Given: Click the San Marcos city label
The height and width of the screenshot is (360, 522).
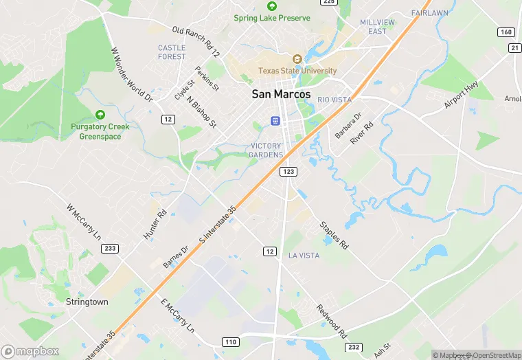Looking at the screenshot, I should pos(281,94).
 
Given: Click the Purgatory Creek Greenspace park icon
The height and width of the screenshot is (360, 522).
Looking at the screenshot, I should pos(100,114).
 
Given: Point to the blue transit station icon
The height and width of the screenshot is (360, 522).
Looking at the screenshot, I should pos(275,121).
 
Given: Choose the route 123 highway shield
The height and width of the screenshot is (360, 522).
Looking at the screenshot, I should pos(288,171).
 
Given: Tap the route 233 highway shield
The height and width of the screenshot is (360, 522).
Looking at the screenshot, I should pos(110,248).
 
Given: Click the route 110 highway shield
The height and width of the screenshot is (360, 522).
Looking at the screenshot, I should pos(230,341).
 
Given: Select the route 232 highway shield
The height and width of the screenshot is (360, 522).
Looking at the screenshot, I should pos(354,348).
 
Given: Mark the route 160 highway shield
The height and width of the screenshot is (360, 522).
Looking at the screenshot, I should pos(506,32).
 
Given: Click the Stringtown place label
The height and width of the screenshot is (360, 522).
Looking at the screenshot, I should pos(87,302).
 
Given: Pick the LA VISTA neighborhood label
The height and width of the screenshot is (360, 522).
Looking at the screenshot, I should pos(304,256).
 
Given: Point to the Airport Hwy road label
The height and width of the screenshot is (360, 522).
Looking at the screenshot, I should pos(462,95).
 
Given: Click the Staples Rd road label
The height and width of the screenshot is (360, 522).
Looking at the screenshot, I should pos(334,235).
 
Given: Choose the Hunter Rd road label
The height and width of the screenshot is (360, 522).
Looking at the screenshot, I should pos(155,224).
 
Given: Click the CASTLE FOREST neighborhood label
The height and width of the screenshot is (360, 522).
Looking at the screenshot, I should pos(172,52).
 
